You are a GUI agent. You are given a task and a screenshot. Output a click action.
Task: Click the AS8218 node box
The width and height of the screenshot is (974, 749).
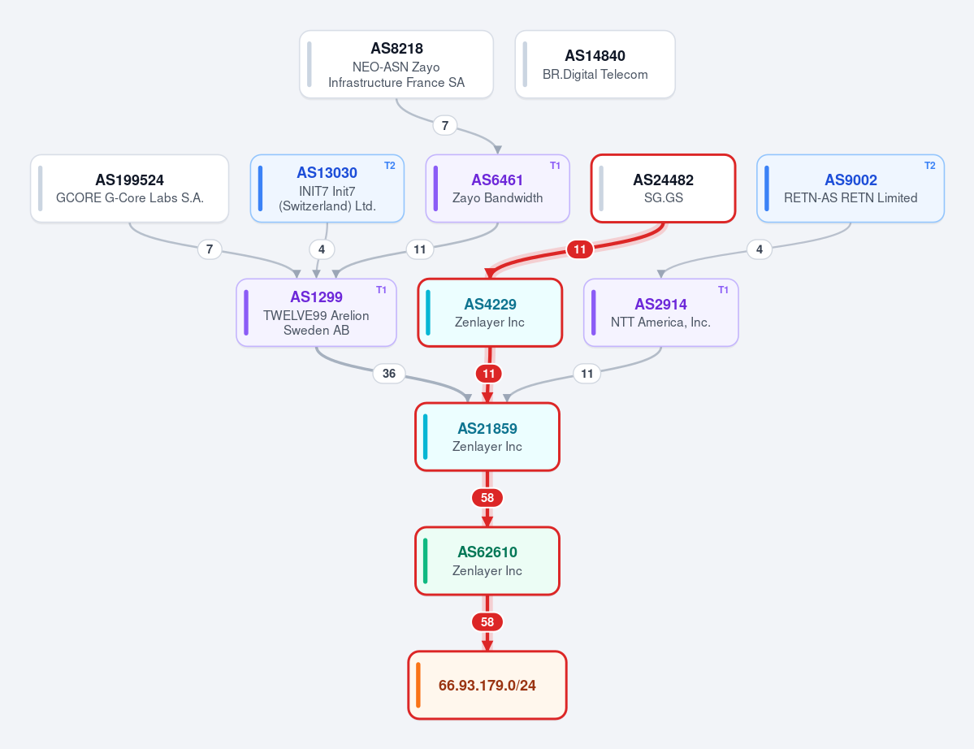pos(396,65)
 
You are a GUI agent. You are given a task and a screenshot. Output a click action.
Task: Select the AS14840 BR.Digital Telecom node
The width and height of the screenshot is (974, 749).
pos(595,65)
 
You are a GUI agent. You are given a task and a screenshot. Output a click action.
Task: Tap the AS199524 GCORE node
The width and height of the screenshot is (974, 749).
pos(130,188)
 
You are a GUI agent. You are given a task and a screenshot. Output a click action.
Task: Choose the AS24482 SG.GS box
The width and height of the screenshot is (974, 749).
pos(664,188)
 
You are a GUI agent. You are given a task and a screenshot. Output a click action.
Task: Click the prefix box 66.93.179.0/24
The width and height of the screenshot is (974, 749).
pos(487,685)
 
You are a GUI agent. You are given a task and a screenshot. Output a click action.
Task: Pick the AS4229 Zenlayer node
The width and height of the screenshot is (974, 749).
pos(490,313)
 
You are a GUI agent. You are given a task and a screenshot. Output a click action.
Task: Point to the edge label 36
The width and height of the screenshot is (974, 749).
pos(389,373)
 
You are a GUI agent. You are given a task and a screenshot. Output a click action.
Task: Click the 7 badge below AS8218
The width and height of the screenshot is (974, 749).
pos(445,125)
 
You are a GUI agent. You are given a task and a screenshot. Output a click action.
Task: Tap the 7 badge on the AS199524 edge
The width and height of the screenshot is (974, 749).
pos(210,249)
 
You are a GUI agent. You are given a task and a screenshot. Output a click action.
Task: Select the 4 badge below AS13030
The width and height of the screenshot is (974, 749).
pos(321,249)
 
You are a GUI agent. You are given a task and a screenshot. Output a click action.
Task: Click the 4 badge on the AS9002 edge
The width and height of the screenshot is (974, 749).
pos(759,249)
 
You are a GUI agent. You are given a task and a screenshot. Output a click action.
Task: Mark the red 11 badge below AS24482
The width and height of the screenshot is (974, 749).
pos(579,249)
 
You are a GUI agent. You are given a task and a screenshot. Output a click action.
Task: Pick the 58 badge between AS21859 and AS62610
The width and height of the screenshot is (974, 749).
pos(487,497)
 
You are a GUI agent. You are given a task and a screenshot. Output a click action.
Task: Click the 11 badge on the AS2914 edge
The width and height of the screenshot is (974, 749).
pos(587,373)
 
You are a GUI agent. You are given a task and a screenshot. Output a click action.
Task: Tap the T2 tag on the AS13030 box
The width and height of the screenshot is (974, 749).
pos(389,166)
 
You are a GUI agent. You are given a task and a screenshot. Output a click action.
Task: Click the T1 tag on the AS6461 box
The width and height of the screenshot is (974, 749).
pos(556,166)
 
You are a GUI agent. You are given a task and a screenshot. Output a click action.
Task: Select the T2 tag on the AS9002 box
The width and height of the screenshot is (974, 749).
pos(930,166)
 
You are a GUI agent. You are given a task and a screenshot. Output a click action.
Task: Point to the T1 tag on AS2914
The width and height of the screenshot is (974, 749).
pos(724,290)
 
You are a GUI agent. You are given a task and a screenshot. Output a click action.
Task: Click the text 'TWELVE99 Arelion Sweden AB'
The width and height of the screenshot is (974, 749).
pos(316,323)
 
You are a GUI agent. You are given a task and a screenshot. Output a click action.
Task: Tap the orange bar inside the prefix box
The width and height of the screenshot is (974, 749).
pos(418,685)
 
